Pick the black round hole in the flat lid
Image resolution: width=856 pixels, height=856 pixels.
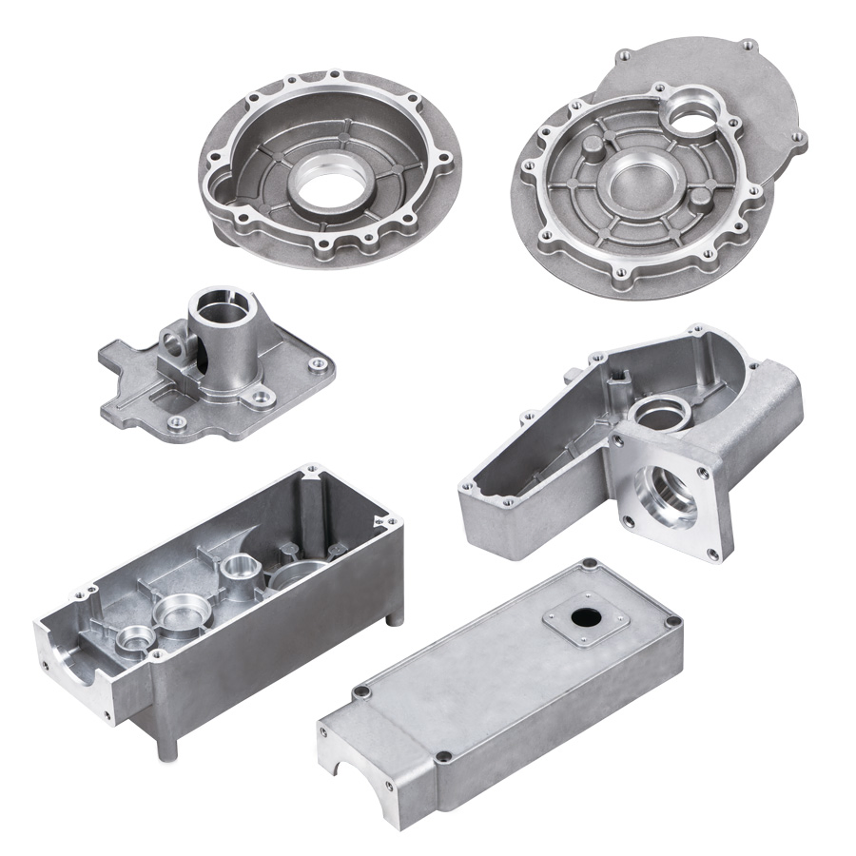point(583,617)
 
